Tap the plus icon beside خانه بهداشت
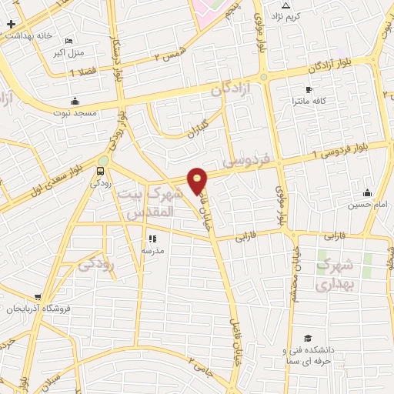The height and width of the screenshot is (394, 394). point(10,24)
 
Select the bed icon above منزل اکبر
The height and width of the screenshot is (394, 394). point(69,41)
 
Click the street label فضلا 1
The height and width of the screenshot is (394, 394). point(82,72)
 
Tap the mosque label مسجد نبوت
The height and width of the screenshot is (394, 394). point(75,112)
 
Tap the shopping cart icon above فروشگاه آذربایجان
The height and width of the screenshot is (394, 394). point(38,297)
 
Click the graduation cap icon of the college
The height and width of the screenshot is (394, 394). point(308,339)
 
